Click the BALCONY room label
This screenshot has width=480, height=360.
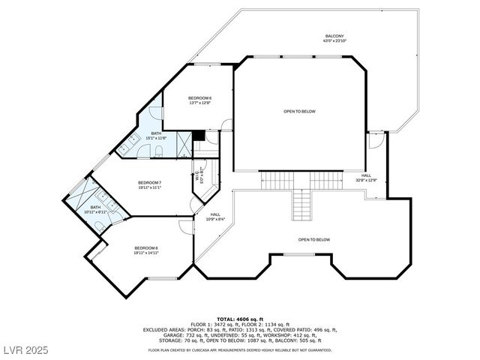point(334,36)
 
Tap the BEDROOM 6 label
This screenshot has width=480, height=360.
point(199,98)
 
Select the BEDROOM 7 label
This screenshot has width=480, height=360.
point(149,183)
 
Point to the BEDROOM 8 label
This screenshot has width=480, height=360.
point(146,248)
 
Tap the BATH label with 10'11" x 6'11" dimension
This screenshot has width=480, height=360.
point(95,208)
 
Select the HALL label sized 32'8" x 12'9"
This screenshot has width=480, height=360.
point(366,176)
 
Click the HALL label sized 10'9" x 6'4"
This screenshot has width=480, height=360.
point(214,214)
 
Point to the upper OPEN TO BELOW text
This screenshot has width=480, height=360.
point(299,111)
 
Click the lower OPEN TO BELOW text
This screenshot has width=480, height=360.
point(313,240)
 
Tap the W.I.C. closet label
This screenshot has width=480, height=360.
point(199,177)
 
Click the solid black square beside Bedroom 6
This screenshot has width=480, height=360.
point(199,136)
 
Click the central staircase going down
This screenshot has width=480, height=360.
point(301,204)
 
